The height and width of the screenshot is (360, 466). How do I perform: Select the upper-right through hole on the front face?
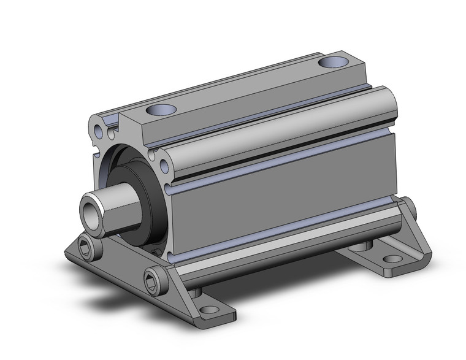click(x=165, y=165)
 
